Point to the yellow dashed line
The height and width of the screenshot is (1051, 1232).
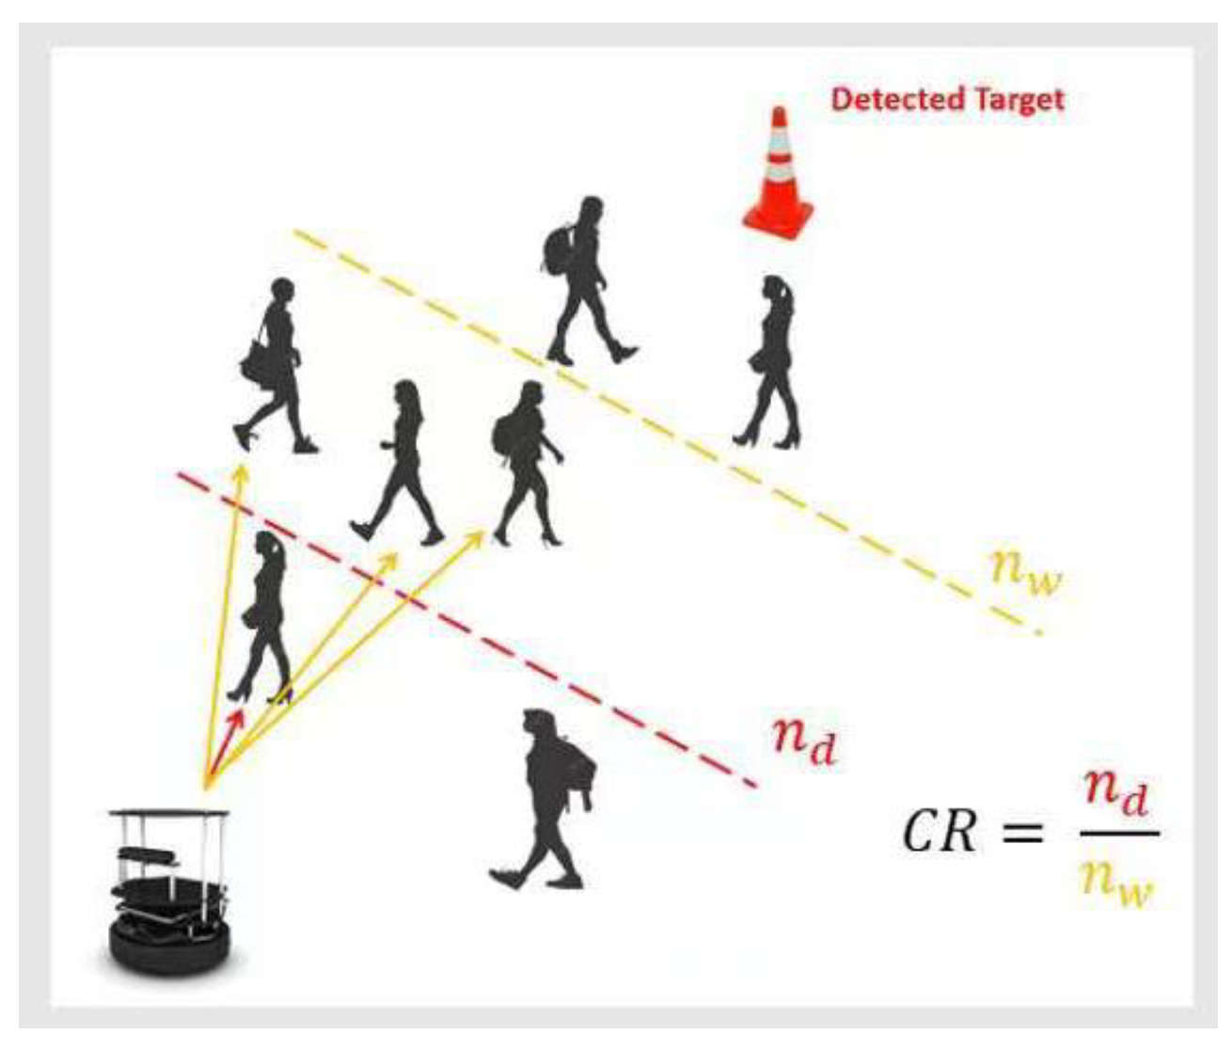[658, 423]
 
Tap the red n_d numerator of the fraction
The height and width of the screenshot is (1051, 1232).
[1116, 796]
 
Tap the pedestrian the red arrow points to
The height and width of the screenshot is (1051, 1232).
[263, 616]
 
